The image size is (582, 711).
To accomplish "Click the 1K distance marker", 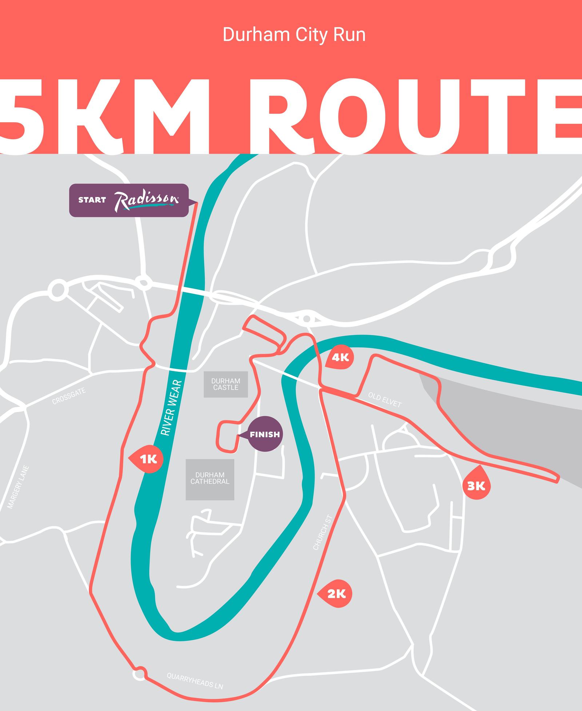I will [x=147, y=459].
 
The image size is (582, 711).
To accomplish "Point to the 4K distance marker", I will [x=340, y=358].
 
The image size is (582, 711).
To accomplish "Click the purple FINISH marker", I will [x=265, y=434].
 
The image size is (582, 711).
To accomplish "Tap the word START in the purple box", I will [x=92, y=200].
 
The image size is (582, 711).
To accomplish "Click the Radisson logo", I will [x=147, y=200].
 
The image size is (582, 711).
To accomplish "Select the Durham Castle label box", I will [x=226, y=384].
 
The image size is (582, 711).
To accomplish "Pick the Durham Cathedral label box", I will [x=210, y=479].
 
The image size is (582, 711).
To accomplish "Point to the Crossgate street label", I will [x=69, y=396].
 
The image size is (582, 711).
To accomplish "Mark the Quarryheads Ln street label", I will [x=195, y=680].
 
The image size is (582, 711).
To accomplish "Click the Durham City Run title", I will [x=294, y=35].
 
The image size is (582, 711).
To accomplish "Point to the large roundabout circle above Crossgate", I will [x=58, y=289].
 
